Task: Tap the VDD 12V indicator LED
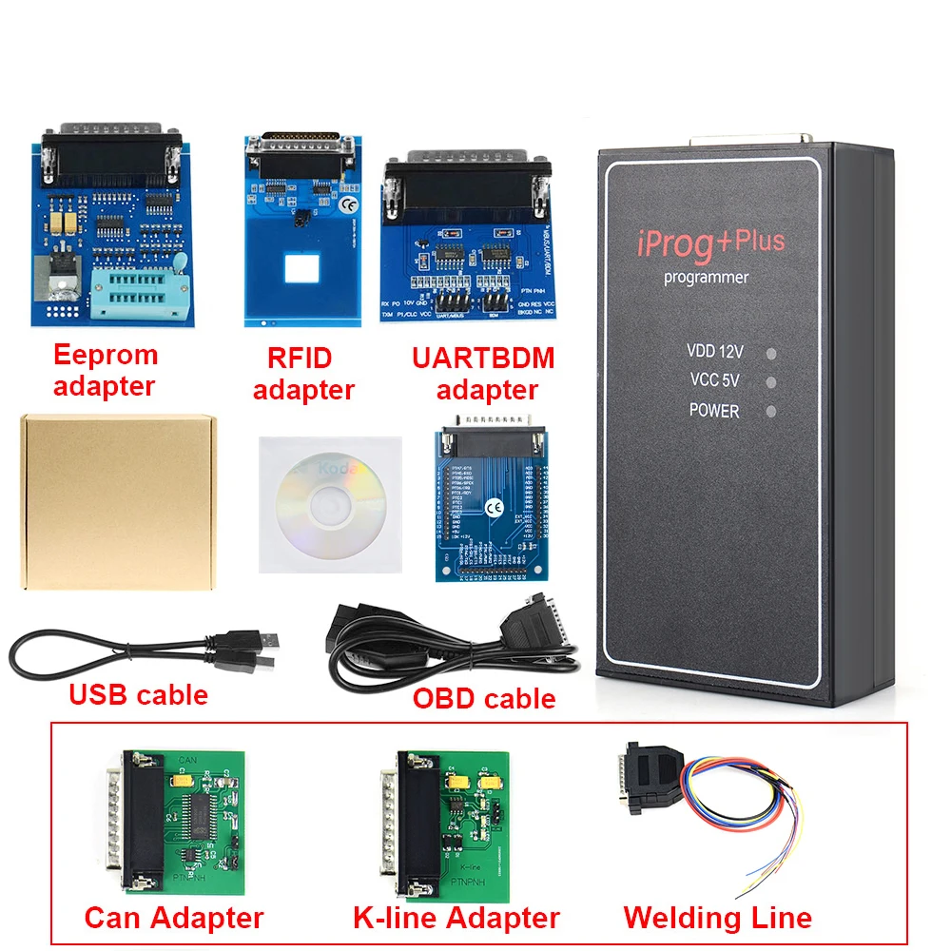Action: (771, 353)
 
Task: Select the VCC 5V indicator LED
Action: (771, 382)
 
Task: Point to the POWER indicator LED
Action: (771, 412)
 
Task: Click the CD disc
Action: (323, 504)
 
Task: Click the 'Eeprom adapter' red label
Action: (105, 371)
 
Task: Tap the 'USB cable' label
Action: (139, 694)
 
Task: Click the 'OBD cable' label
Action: (484, 699)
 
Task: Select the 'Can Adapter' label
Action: (174, 918)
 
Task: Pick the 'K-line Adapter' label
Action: (456, 918)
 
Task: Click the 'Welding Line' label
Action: (717, 918)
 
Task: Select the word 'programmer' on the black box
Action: (707, 278)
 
